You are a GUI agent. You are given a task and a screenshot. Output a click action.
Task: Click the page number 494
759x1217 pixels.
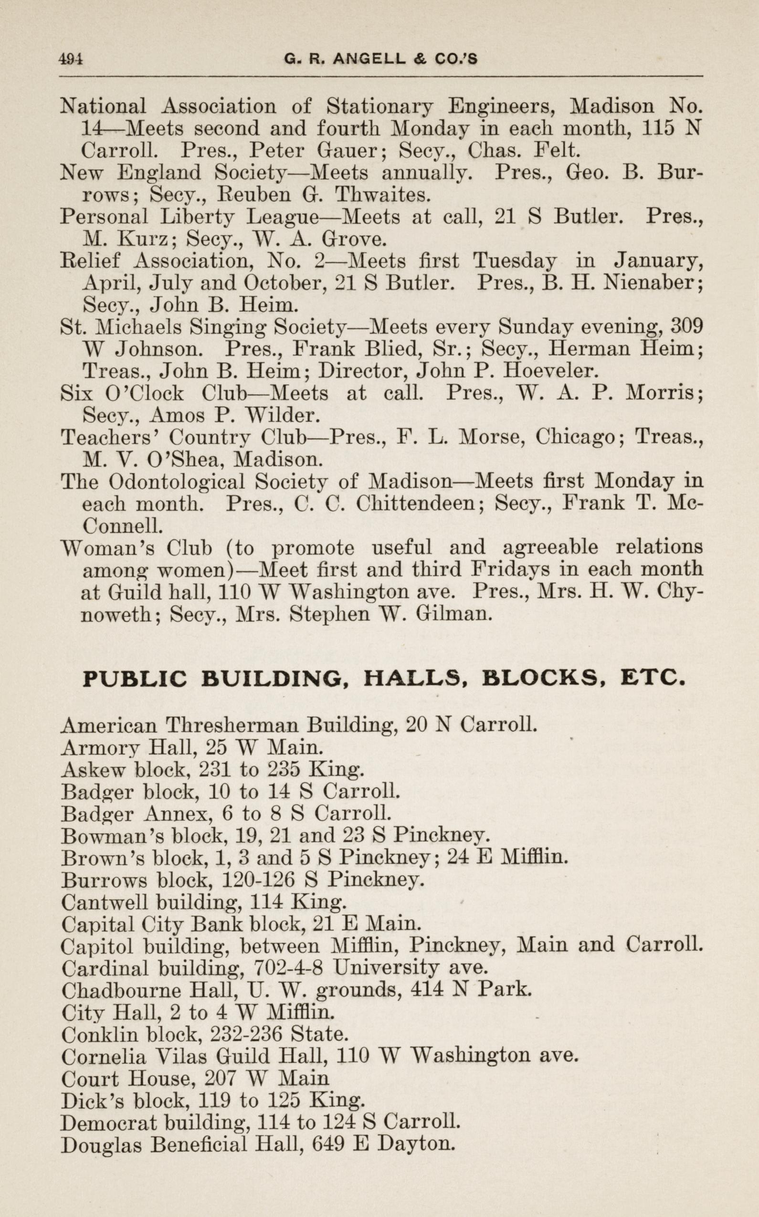[71, 60]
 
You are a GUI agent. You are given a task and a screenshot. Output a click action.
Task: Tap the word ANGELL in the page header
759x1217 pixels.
[369, 60]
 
